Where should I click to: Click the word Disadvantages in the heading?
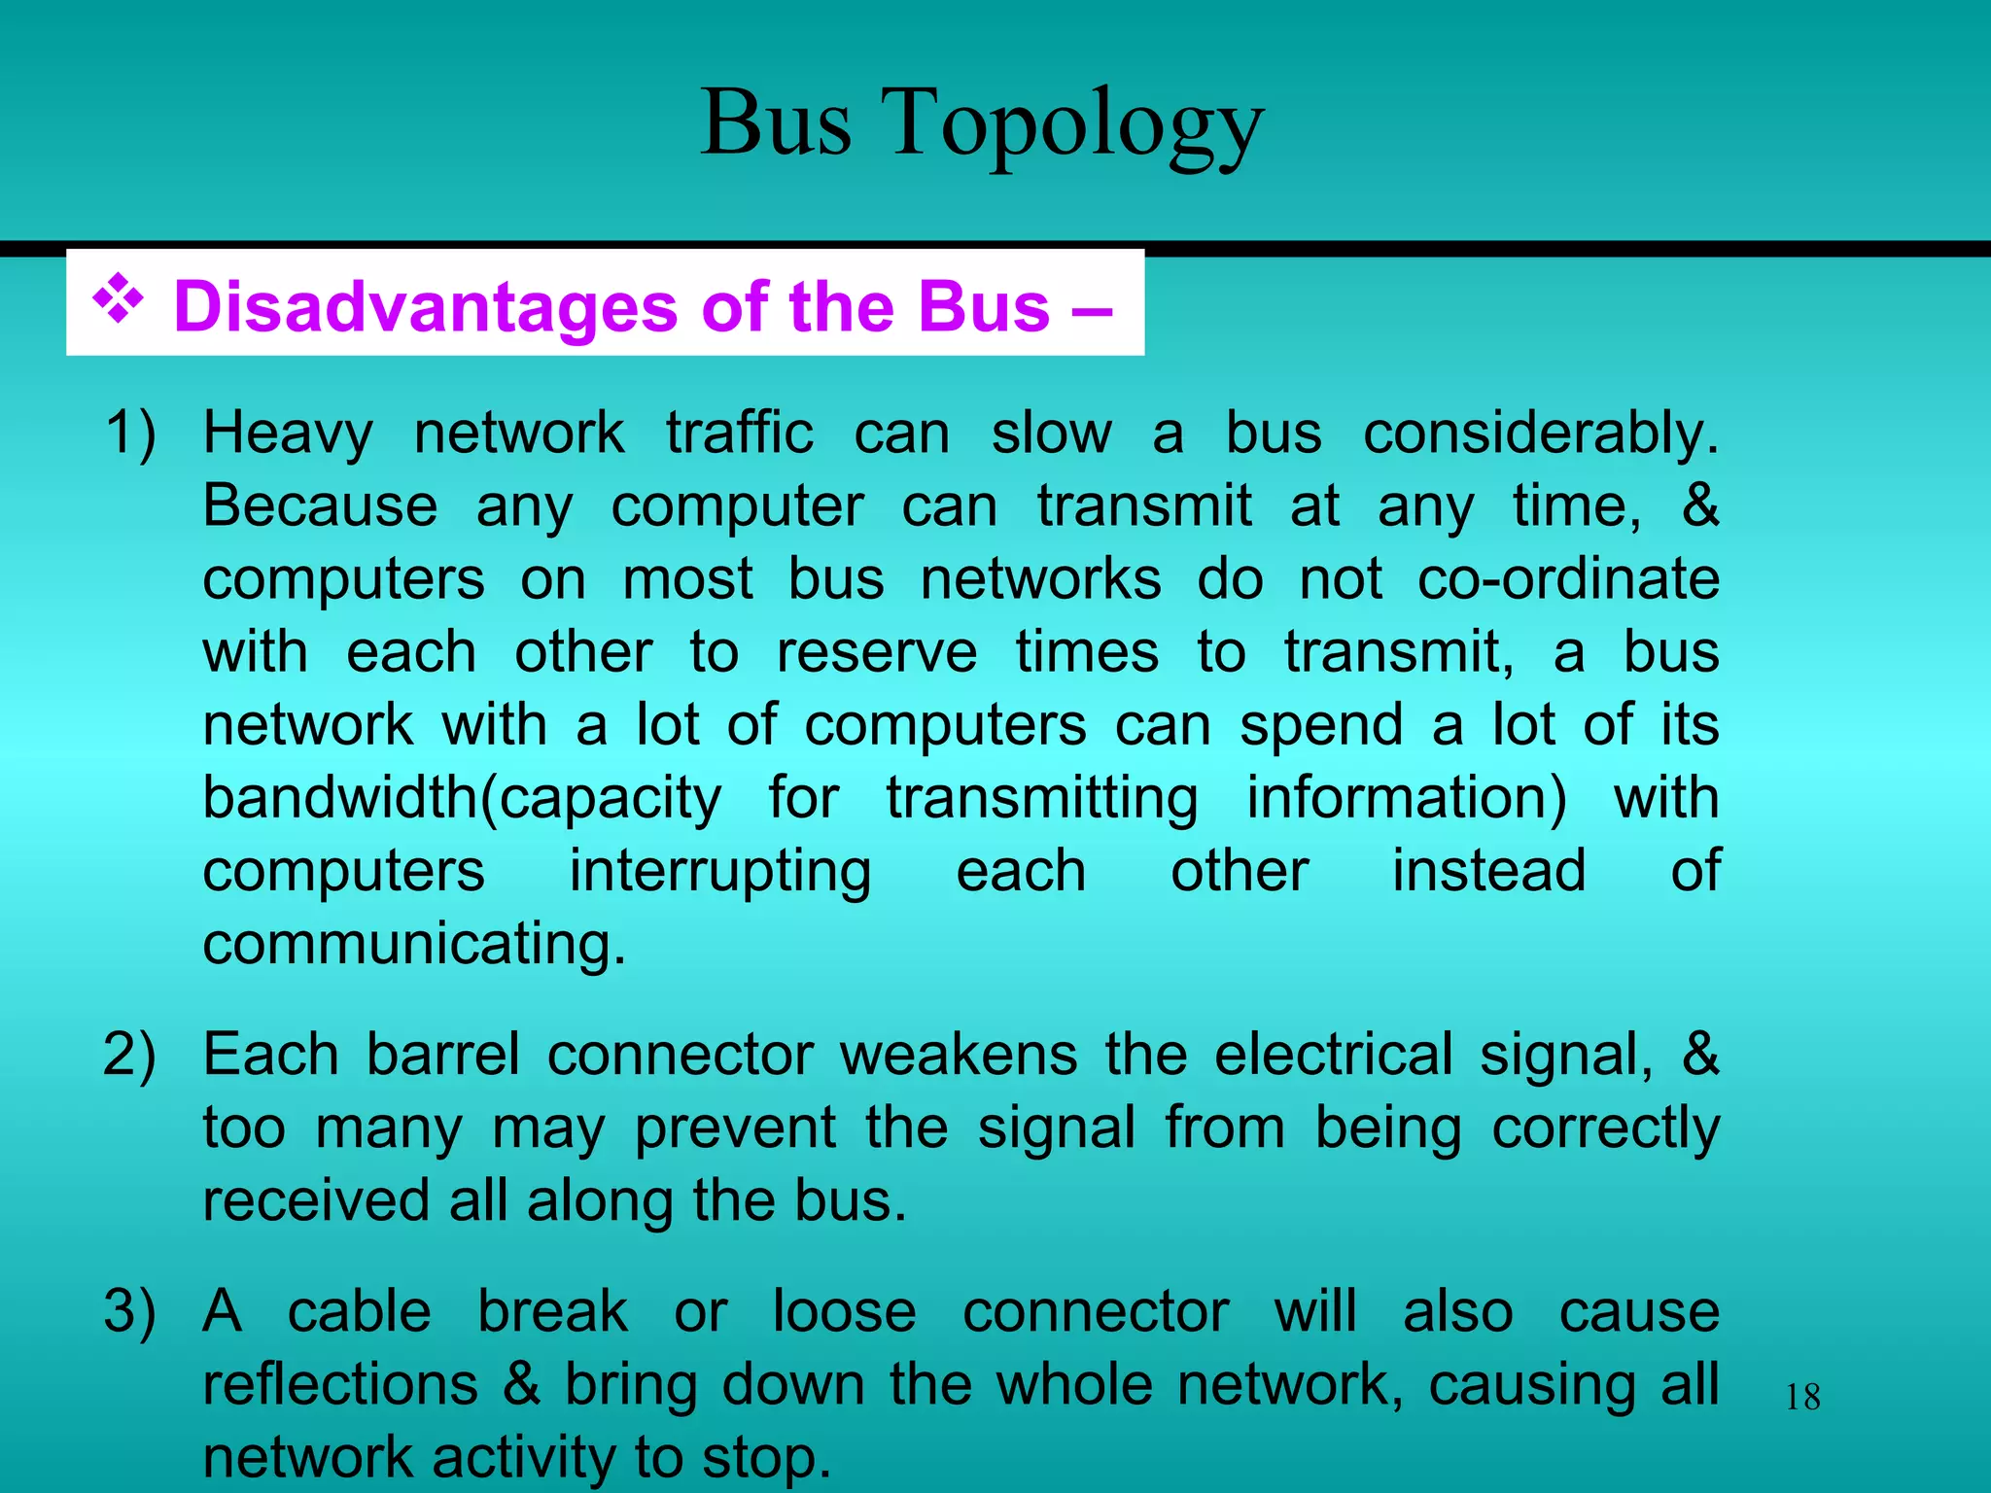pos(425,307)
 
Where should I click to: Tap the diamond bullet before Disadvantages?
pos(118,299)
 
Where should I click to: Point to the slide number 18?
pos(1802,1398)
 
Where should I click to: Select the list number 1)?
pos(130,434)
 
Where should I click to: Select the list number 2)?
pos(130,1056)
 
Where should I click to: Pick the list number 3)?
pos(130,1312)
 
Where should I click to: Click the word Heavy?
pos(288,434)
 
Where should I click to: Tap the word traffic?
pos(739,434)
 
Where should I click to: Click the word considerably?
pos(1541,434)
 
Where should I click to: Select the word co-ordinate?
pos(1568,580)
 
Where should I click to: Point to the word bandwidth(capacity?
pos(462,800)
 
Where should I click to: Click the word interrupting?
pos(720,872)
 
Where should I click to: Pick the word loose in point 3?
pos(844,1312)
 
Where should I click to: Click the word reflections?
pos(340,1385)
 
